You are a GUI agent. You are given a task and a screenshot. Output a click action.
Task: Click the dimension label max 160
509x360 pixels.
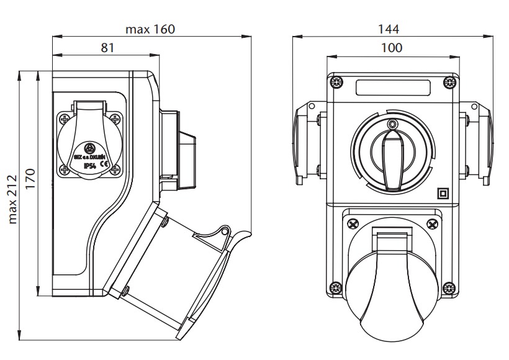[x=150, y=29]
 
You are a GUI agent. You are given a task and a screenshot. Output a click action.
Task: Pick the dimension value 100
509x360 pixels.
[x=392, y=48]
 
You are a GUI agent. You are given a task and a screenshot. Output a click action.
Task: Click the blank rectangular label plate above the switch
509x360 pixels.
[x=392, y=87]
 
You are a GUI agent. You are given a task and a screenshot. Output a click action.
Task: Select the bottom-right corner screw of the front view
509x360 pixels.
[x=448, y=287]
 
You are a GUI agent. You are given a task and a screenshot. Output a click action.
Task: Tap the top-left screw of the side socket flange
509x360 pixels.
[x=65, y=117]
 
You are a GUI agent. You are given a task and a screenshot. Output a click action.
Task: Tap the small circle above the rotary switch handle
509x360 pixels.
[x=392, y=124]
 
